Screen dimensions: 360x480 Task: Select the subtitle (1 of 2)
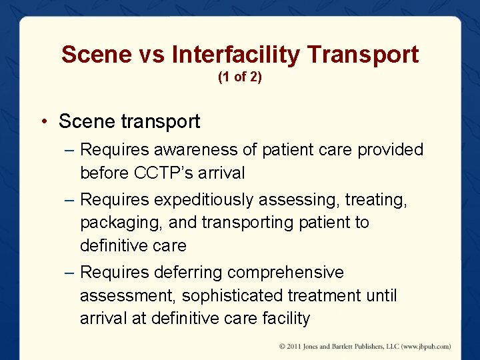point(240,77)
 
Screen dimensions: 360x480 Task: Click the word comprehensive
point(286,273)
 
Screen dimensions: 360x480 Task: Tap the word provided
point(391,150)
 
